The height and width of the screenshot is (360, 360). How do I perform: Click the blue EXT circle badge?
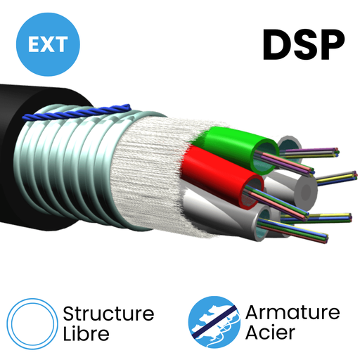pos(48,44)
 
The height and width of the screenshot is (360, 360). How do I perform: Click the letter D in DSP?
pos(276,45)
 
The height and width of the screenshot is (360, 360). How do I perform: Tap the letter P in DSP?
pos(330,45)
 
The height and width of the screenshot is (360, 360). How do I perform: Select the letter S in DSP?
pos(303,45)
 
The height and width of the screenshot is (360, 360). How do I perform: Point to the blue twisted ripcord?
pos(77,112)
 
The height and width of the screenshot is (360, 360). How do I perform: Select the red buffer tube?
pos(220,174)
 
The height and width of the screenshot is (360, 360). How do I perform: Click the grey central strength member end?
pos(306,192)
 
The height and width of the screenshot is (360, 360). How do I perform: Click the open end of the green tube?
pos(266,157)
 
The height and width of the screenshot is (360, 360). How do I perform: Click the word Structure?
pos(109,314)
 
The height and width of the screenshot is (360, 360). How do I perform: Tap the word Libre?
pos(86,333)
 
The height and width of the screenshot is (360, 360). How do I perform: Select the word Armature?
pos(292,313)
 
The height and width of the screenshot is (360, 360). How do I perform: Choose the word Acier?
pos(271,333)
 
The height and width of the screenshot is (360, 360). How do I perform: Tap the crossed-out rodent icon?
pos(214,322)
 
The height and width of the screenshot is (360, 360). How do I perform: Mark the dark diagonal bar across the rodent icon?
pos(214,322)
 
